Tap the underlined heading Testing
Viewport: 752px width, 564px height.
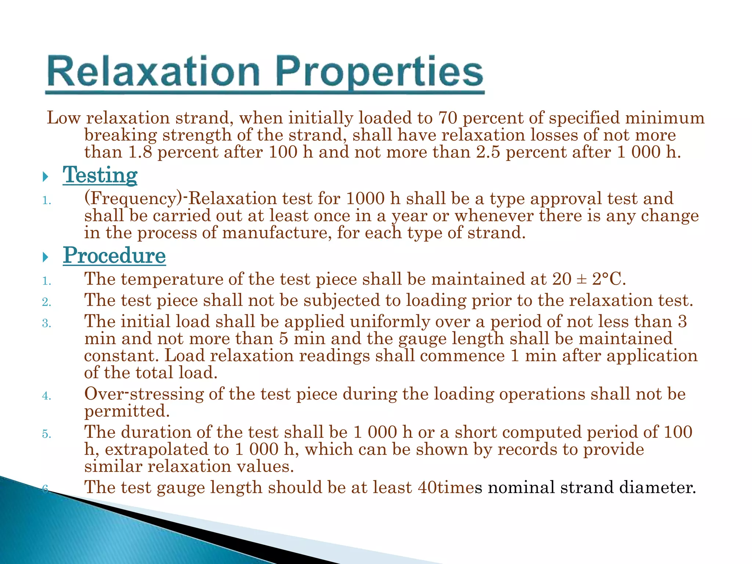pyautogui.click(x=100, y=175)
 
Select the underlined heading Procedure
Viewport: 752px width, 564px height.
pyautogui.click(x=114, y=256)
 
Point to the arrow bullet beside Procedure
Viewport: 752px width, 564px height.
pyautogui.click(x=46, y=257)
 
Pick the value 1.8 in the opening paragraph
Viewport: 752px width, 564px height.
pyautogui.click(x=140, y=152)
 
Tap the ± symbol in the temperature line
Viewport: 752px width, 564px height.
pyautogui.click(x=582, y=279)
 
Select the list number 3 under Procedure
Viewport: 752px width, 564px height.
pyautogui.click(x=46, y=323)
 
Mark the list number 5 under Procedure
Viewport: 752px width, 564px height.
pyautogui.click(x=46, y=434)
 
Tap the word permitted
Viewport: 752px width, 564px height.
pyautogui.click(x=127, y=411)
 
